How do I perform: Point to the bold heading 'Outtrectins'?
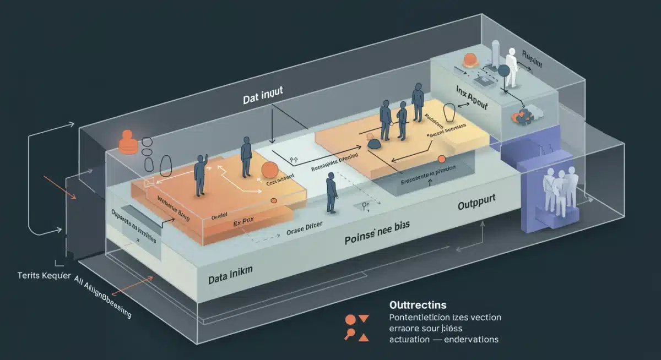tap(418, 304)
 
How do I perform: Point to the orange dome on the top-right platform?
tap(470, 59)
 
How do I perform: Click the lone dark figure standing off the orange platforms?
tap(331, 192)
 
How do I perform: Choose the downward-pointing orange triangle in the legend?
tap(364, 318)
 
